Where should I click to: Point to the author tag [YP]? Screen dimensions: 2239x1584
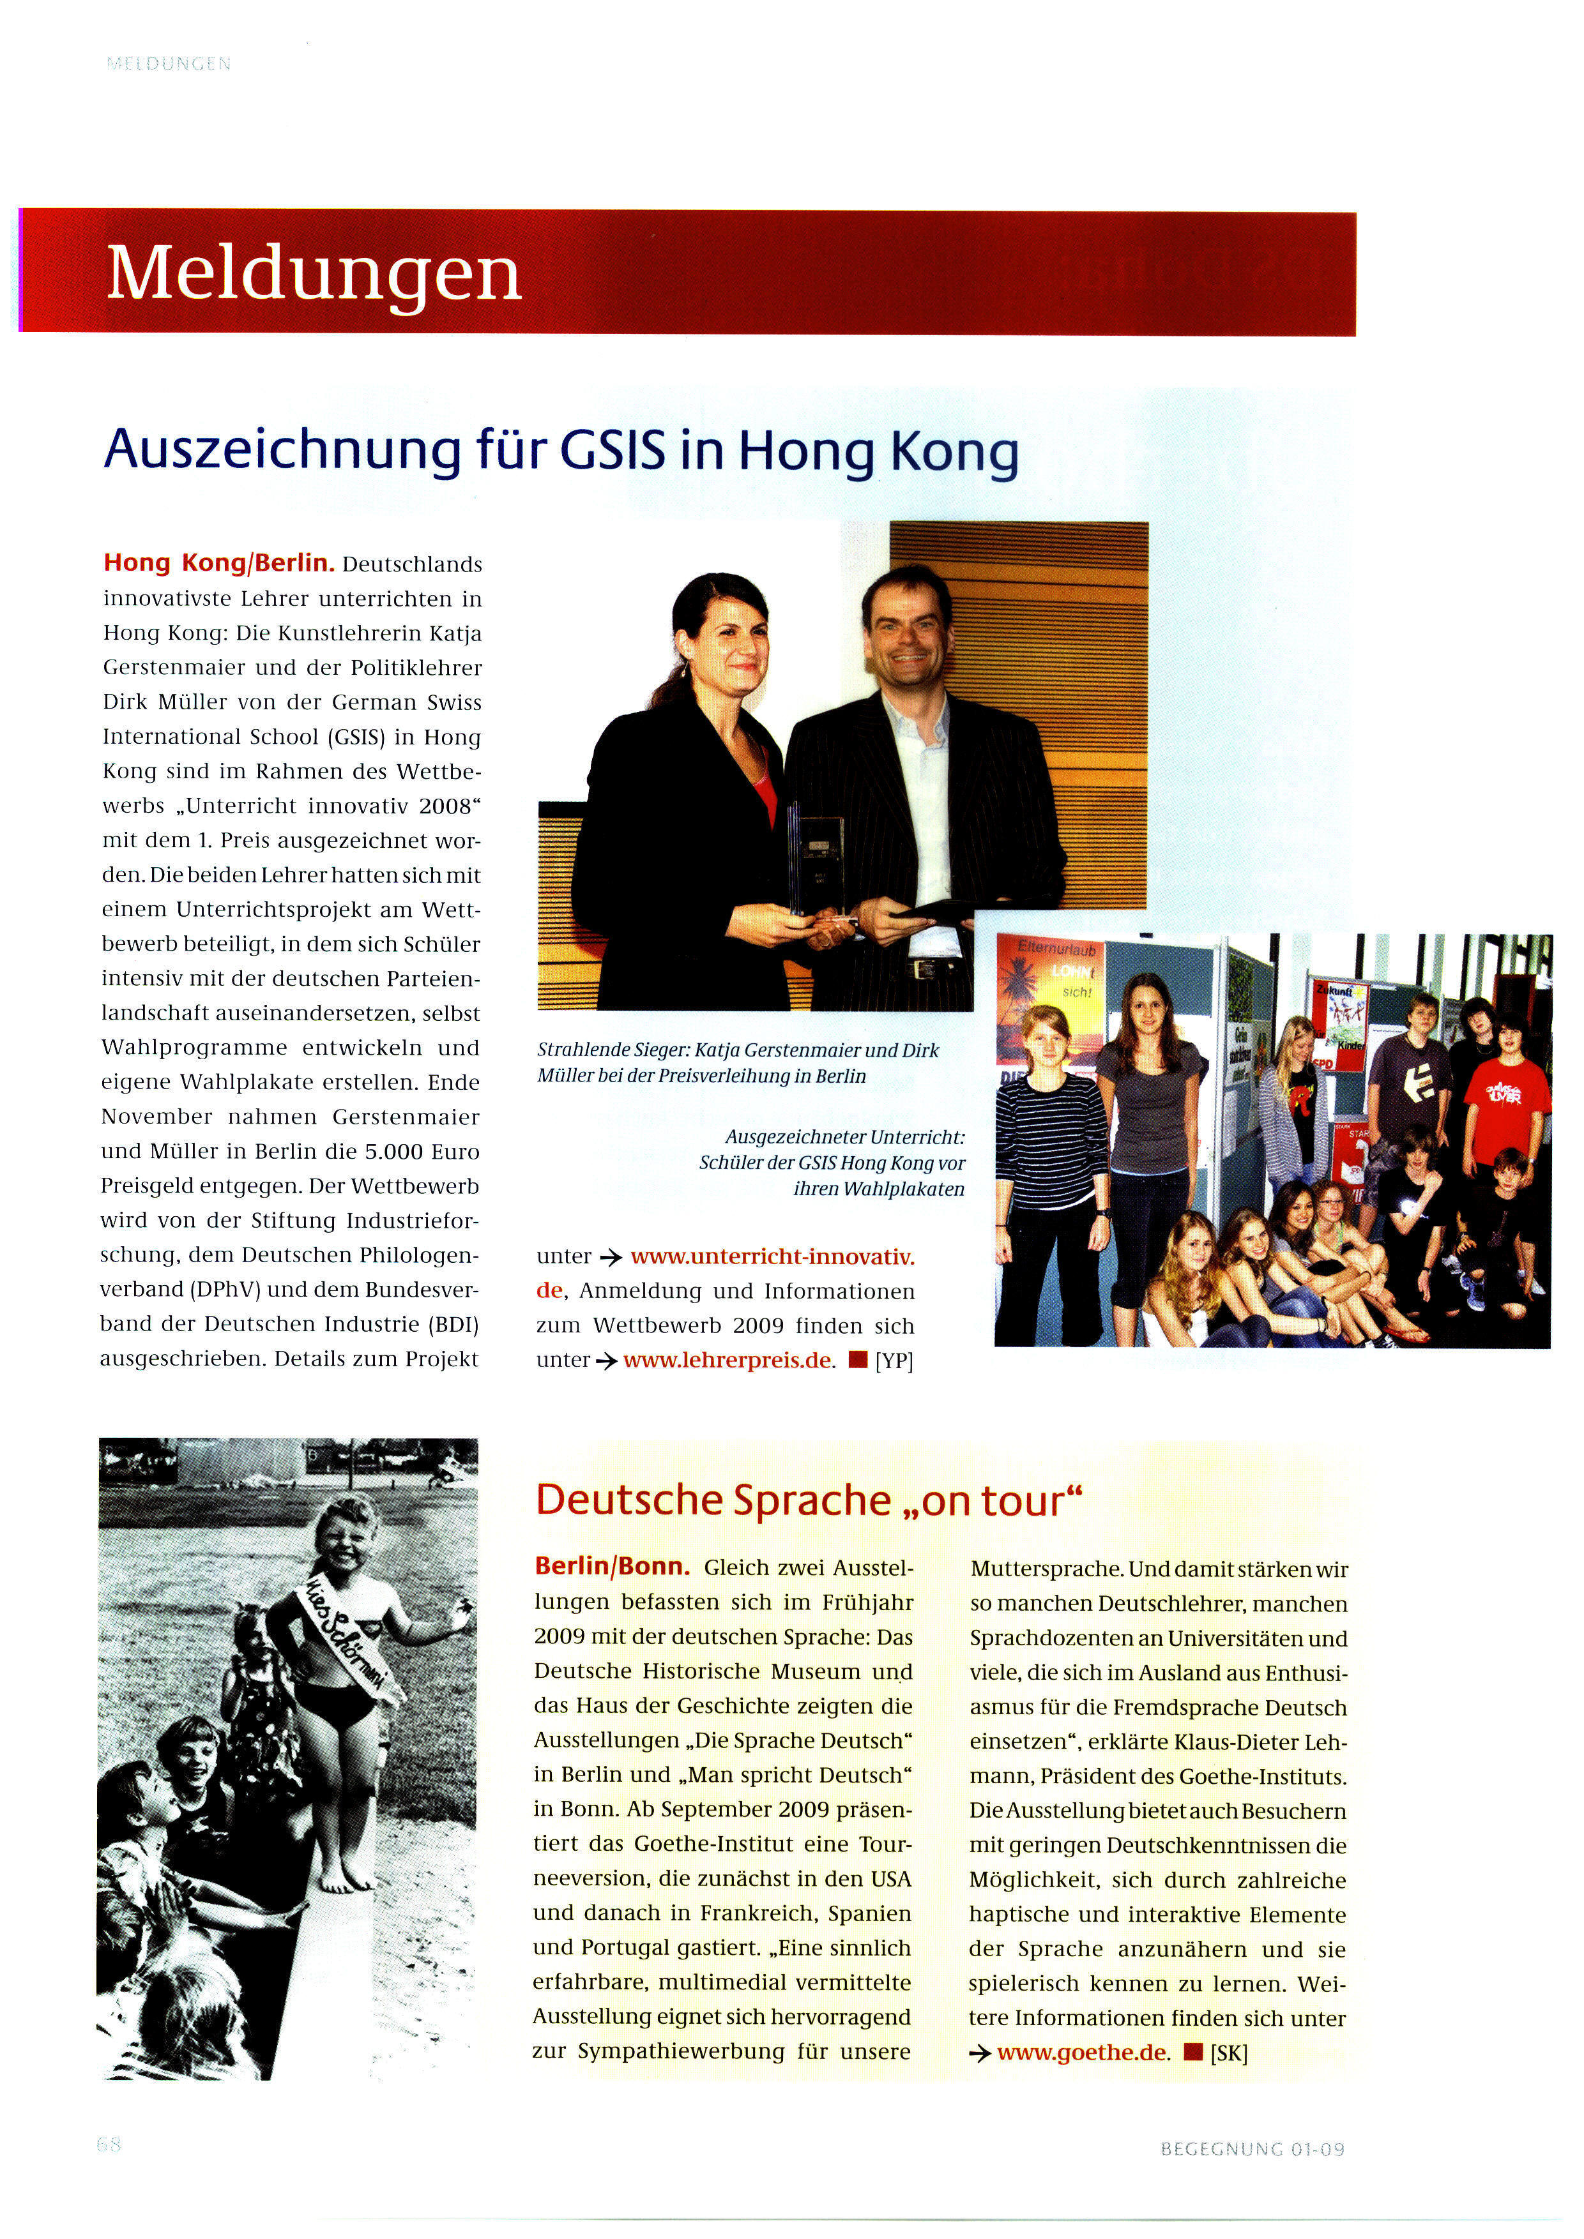[894, 1361]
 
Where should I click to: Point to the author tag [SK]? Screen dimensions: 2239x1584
[1229, 2053]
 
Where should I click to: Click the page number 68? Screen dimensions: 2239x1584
[109, 2145]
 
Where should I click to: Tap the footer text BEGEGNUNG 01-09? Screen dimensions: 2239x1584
[1253, 2149]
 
